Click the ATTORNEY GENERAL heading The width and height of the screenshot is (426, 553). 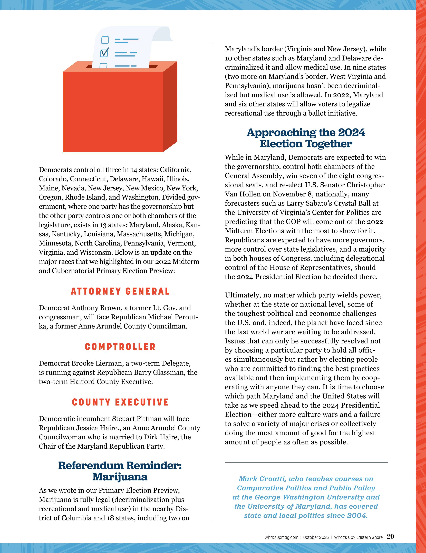[x=120, y=291]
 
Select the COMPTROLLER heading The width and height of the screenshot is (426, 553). [x=120, y=347]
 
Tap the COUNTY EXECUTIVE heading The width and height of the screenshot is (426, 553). [x=120, y=402]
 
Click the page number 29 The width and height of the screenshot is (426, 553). [x=390, y=537]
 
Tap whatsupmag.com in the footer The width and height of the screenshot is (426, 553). [x=281, y=537]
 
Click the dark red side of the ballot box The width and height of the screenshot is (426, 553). [x=170, y=106]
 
